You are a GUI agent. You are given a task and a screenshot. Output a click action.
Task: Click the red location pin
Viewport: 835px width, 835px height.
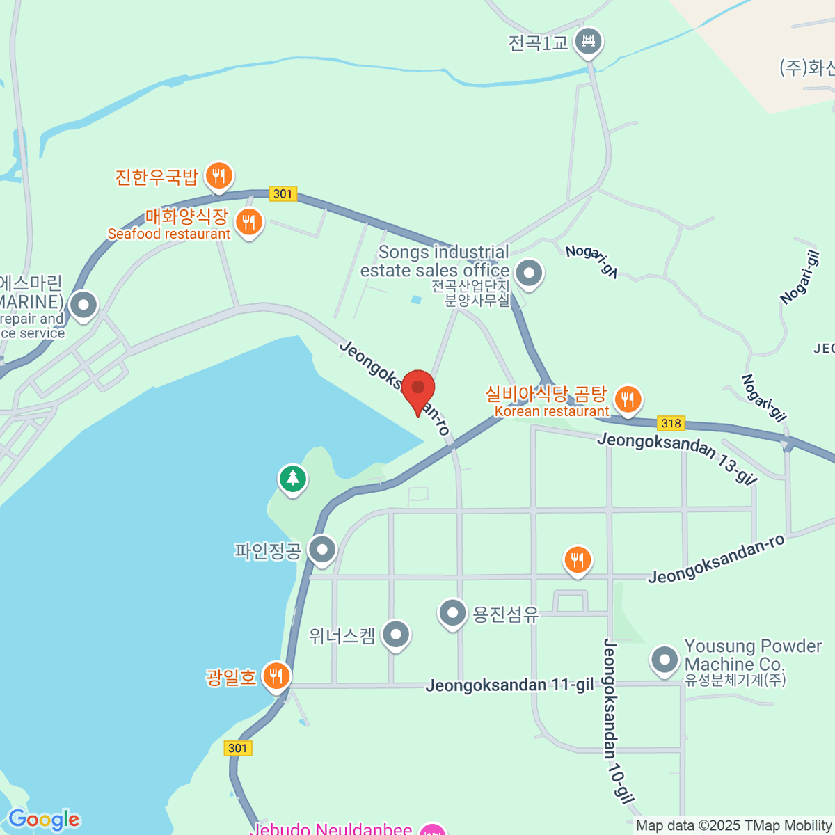coord(417,390)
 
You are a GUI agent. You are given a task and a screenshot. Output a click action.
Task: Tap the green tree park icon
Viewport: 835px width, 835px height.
coord(293,479)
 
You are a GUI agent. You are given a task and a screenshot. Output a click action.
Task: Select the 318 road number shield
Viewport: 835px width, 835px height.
coord(671,423)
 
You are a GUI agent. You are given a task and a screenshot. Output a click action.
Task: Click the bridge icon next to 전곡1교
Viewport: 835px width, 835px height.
coord(589,42)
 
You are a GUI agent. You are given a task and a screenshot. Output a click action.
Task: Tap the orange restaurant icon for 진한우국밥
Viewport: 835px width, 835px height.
coord(219,176)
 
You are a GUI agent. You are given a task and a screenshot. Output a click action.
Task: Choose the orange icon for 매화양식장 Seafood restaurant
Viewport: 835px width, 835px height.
coord(248,223)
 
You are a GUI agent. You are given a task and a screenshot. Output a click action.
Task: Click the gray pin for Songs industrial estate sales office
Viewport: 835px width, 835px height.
coord(530,273)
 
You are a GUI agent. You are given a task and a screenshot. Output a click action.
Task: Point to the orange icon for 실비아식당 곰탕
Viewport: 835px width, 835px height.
coord(628,399)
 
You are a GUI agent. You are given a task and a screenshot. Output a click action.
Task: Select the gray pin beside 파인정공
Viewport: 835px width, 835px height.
coord(322,550)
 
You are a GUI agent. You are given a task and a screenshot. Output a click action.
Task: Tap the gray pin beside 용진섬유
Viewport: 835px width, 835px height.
coord(452,614)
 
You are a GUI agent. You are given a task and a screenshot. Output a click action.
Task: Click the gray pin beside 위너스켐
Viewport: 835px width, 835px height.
coord(396,634)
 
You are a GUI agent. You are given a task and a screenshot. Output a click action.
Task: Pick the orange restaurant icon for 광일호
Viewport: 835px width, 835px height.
coord(276,675)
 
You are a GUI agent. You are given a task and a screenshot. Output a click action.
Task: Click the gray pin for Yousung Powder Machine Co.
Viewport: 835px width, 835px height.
coord(665,659)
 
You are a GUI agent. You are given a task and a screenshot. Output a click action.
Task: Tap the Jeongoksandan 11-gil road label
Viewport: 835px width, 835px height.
coord(509,685)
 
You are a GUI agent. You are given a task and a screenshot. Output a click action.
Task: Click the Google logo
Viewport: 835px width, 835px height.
coord(44,820)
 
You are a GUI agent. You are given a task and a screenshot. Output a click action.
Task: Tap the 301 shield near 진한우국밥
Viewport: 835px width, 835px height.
coord(283,193)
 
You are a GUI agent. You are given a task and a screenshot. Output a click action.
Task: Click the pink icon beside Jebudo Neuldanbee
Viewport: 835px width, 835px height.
coord(434,829)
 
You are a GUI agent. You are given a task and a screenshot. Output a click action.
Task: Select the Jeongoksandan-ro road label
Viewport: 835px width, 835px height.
coord(716,559)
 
